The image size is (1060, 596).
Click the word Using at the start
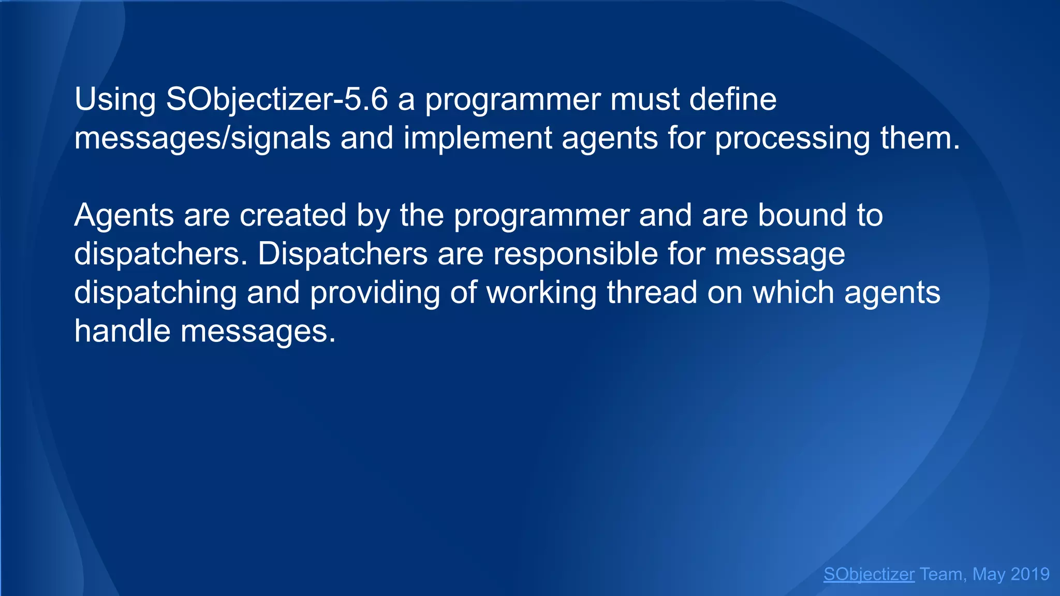(x=115, y=100)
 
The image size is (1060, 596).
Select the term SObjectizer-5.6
(x=276, y=100)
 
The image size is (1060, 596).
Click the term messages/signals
(x=202, y=139)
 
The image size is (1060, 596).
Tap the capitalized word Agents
(x=124, y=216)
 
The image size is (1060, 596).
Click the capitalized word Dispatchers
(x=343, y=254)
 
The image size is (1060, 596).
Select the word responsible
(x=575, y=254)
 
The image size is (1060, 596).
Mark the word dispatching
(x=155, y=293)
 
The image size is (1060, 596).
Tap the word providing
(x=375, y=293)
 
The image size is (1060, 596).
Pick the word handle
(x=122, y=331)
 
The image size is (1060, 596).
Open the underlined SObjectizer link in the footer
(x=869, y=574)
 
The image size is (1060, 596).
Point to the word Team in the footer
(x=941, y=574)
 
